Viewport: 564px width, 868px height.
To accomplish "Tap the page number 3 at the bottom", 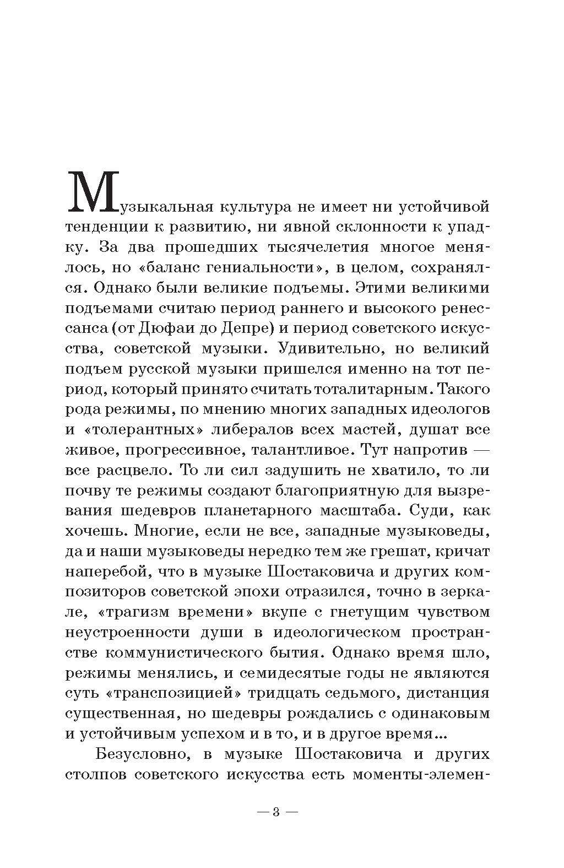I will click(x=277, y=812).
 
